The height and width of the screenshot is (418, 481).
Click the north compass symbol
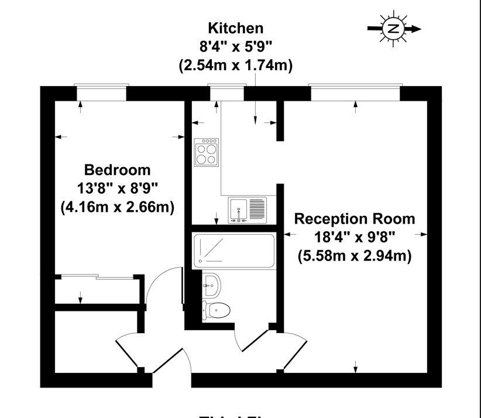393,29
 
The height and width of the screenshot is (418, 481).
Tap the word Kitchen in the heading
236,28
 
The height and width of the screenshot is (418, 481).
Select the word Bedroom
117,170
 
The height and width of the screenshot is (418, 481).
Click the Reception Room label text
355,219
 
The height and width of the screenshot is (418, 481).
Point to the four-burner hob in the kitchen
206,152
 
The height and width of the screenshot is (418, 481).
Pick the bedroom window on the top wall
102,92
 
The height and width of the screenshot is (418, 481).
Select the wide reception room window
355,92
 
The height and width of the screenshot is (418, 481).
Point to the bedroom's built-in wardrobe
97,289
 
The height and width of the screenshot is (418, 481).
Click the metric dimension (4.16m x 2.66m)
117,207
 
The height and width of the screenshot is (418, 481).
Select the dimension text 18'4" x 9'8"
355,237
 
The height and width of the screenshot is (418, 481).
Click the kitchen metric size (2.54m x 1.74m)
236,66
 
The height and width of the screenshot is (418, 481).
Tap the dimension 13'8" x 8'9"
117,189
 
